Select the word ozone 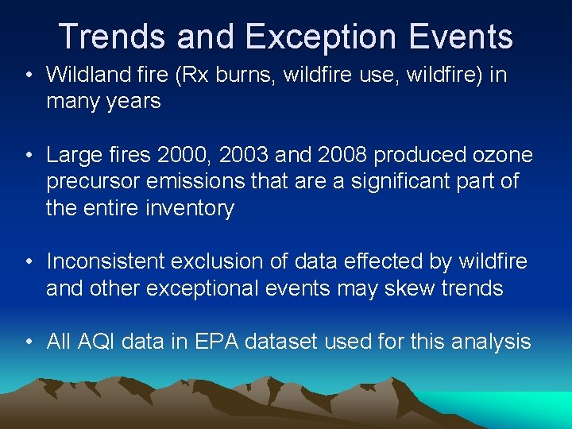500,155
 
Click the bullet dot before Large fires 29,156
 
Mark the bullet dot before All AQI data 29,342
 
